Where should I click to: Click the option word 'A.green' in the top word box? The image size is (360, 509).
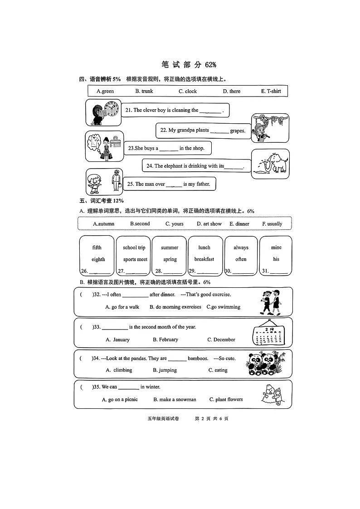tap(105, 91)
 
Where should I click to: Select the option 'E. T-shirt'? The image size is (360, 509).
tap(271, 91)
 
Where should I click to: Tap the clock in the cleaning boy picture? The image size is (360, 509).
tap(112, 109)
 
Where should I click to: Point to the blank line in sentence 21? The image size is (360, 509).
tap(210, 111)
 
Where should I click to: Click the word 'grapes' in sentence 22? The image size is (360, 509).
tap(238, 131)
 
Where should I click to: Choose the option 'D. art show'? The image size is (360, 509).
tap(209, 223)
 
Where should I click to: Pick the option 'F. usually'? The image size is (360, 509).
tap(272, 223)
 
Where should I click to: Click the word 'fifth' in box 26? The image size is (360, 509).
tap(97, 247)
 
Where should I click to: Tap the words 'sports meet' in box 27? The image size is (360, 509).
tap(135, 259)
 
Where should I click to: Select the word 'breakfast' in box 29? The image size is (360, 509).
tap(204, 259)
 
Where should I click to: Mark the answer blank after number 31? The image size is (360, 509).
tap(279, 272)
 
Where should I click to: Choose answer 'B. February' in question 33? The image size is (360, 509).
tap(165, 339)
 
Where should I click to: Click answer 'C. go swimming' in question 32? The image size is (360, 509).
tap(224, 307)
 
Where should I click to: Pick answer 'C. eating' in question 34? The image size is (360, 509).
tap(218, 370)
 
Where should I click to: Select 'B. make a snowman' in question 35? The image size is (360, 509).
tap(175, 399)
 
